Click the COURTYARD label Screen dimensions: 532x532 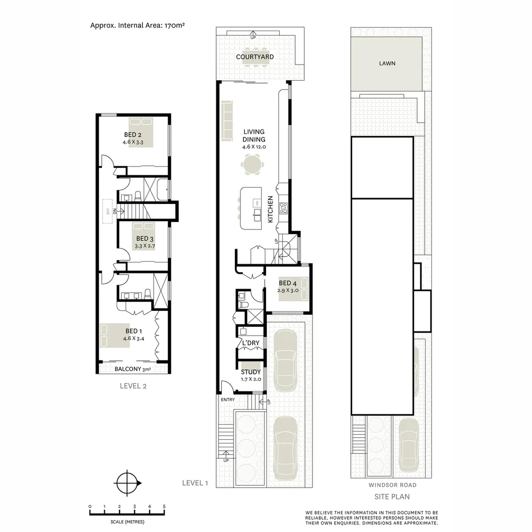pyautogui.click(x=255, y=57)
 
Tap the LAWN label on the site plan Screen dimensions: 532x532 pyautogui.click(x=387, y=64)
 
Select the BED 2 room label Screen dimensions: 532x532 pyautogui.click(x=133, y=135)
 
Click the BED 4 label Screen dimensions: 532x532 pyautogui.click(x=288, y=283)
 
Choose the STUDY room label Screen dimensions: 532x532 pyautogui.click(x=251, y=372)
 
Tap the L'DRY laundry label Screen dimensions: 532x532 pyautogui.click(x=250, y=343)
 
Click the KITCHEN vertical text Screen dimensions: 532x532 pyautogui.click(x=270, y=209)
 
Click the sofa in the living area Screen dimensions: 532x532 pyautogui.click(x=227, y=121)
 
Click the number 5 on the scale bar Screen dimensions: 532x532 pyautogui.click(x=164, y=506)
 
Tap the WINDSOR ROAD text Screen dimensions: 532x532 pyautogui.click(x=392, y=485)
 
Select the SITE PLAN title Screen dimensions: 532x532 pyautogui.click(x=392, y=497)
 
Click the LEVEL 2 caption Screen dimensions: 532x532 pyautogui.click(x=133, y=386)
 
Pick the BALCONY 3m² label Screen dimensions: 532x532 pyautogui.click(x=133, y=369)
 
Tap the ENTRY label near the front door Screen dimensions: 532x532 pyautogui.click(x=228, y=399)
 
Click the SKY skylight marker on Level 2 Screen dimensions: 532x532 pyautogui.click(x=107, y=211)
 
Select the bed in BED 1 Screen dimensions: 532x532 pyautogui.click(x=114, y=335)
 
